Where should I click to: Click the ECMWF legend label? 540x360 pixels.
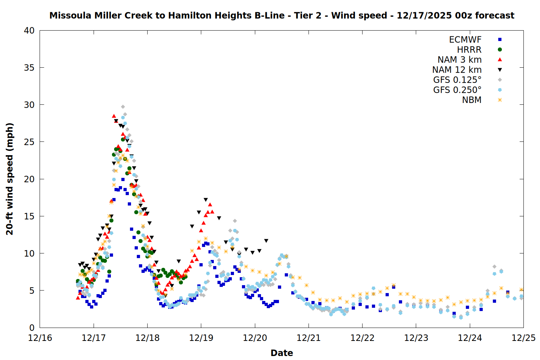tap(465, 40)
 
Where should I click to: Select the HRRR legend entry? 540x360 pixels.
tap(469, 50)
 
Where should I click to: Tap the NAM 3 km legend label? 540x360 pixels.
tap(459, 60)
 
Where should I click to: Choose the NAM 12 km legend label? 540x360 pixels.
tap(457, 70)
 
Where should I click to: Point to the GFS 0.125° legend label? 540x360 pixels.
tap(457, 80)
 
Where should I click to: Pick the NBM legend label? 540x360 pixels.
tap(472, 100)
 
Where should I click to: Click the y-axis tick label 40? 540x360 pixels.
tap(29, 31)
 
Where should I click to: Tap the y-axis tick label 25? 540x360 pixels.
tap(29, 142)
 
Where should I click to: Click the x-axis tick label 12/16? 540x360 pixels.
tap(40, 338)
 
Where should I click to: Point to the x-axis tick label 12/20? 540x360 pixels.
tap(255, 338)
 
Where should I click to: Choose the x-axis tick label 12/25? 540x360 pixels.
tap(523, 338)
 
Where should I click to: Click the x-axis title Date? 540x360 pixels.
tap(282, 353)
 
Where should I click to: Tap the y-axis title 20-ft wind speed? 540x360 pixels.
tap(10, 179)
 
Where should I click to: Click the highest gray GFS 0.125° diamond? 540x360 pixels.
tap(123, 107)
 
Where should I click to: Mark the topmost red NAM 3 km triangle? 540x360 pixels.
tap(114, 116)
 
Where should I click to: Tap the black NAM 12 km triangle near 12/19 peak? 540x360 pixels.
tap(206, 200)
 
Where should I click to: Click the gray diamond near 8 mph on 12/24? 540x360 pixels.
tap(494, 267)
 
